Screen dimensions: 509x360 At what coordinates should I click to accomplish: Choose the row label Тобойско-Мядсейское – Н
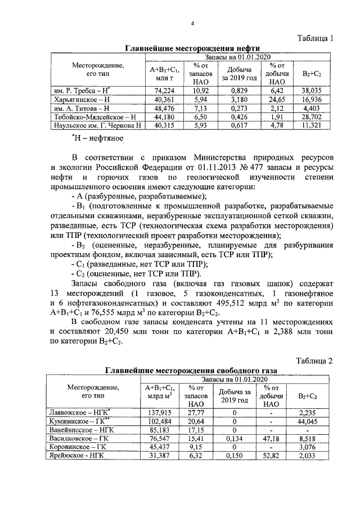95,116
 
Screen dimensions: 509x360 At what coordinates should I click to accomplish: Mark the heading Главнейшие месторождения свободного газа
191,371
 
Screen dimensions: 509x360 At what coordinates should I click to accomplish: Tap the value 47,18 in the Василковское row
272,438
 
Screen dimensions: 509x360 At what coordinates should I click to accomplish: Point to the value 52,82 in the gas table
272,456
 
